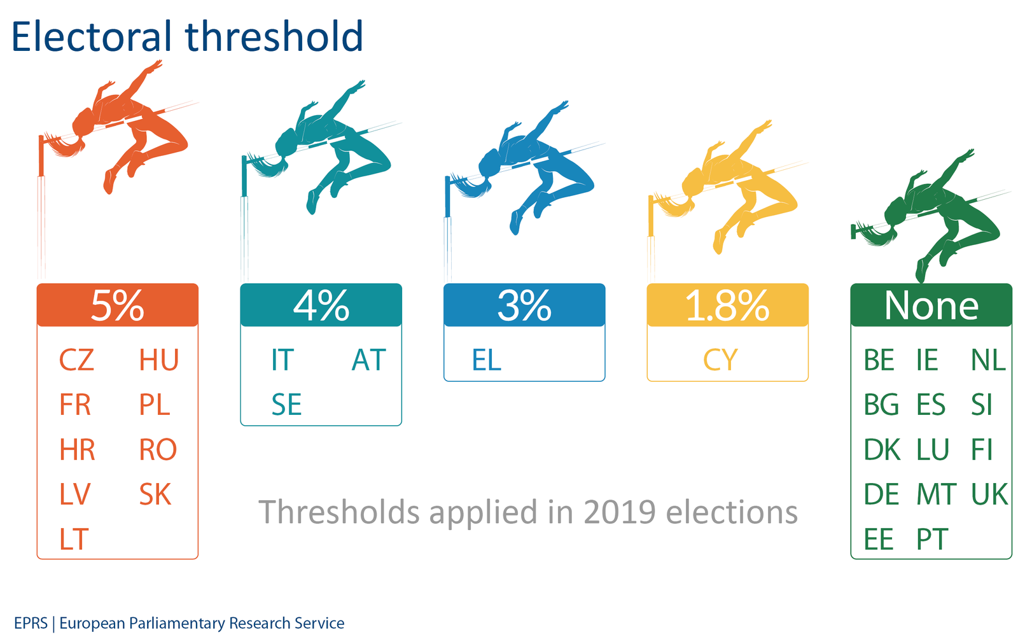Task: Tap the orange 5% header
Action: tap(117, 305)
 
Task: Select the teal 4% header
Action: tap(321, 305)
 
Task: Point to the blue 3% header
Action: tap(524, 305)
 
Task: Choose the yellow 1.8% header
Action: tap(727, 305)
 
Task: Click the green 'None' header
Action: tap(931, 305)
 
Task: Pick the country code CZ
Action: tap(76, 360)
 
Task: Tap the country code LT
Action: tap(74, 539)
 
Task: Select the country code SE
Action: tap(286, 405)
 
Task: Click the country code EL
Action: tap(487, 360)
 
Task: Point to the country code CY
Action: tap(720, 360)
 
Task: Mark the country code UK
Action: tap(989, 494)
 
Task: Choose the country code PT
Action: tap(931, 539)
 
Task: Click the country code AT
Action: tap(368, 360)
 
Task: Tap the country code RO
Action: tap(158, 449)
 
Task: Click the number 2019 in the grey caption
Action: tap(620, 512)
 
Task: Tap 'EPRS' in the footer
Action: tap(31, 622)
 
